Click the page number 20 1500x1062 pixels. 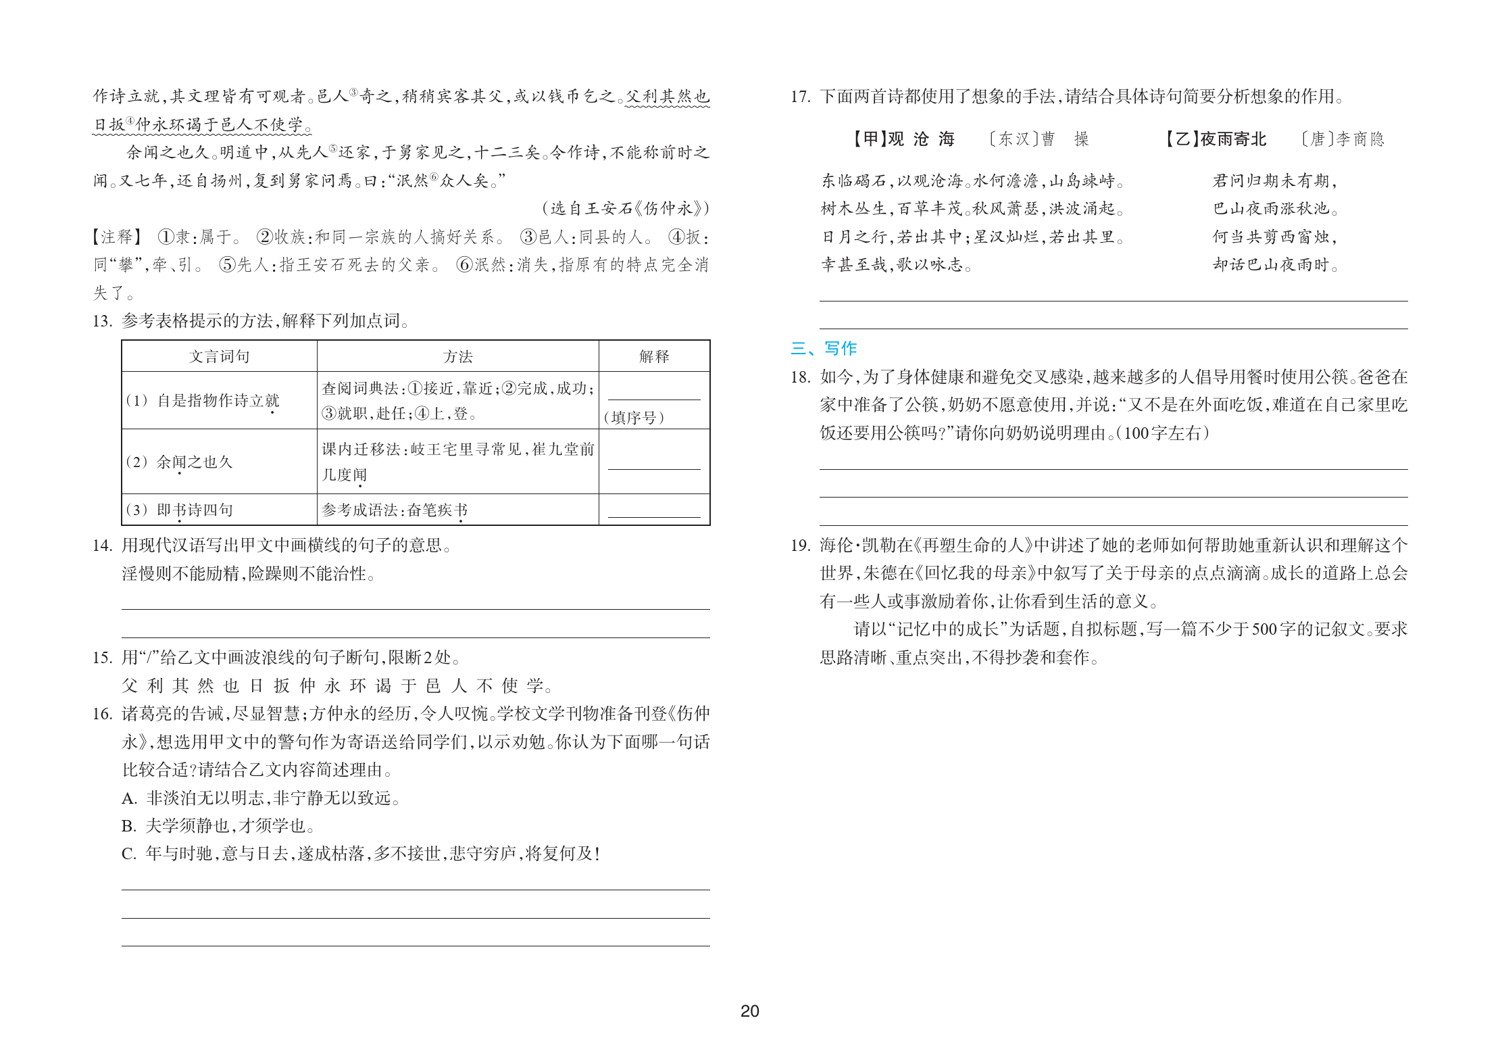(x=749, y=1011)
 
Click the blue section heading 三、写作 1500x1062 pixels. (x=823, y=348)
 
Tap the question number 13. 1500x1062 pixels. (x=102, y=321)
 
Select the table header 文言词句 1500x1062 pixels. (x=219, y=356)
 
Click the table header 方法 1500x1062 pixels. (x=457, y=356)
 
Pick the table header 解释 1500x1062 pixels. (x=653, y=356)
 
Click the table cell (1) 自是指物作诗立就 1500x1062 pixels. (x=203, y=401)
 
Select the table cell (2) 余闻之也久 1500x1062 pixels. (x=180, y=462)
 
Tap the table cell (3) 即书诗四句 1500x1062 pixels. (x=180, y=510)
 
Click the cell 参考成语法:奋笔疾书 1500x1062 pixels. (x=395, y=510)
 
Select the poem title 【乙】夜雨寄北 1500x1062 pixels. (x=1214, y=139)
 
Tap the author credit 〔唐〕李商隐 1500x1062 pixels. (x=1342, y=139)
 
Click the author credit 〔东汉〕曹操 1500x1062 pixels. (x=1038, y=139)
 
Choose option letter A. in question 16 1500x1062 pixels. (x=129, y=798)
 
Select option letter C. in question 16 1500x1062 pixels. (x=129, y=854)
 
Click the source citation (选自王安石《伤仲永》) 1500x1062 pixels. (x=625, y=208)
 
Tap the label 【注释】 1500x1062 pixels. (x=117, y=237)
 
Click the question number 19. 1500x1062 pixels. (x=800, y=546)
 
